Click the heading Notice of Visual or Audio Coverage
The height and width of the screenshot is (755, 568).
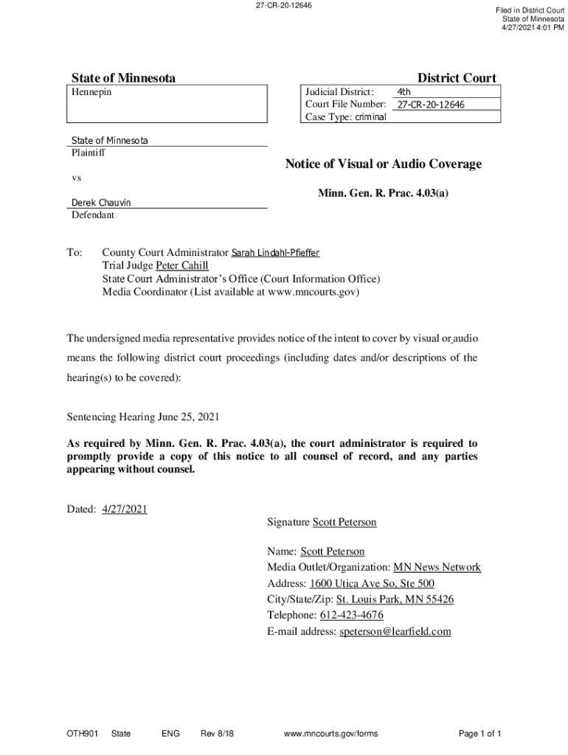pyautogui.click(x=383, y=164)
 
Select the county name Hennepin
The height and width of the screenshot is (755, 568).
pyautogui.click(x=92, y=92)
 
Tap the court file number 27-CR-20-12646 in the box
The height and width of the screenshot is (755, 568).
pyautogui.click(x=431, y=105)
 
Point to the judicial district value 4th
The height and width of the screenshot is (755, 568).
pyautogui.click(x=404, y=92)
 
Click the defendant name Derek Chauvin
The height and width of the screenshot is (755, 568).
pyautogui.click(x=101, y=203)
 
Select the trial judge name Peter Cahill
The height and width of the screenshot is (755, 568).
pyautogui.click(x=182, y=265)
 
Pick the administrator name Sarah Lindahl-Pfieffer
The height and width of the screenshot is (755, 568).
pyautogui.click(x=276, y=253)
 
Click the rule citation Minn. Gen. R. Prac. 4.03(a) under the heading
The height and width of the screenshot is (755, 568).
pyautogui.click(x=383, y=193)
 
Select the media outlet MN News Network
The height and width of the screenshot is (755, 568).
pyautogui.click(x=437, y=567)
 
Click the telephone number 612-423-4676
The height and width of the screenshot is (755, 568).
pyautogui.click(x=351, y=615)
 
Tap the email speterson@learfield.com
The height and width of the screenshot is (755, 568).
pyautogui.click(x=395, y=631)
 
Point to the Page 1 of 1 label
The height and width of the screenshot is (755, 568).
pyautogui.click(x=480, y=734)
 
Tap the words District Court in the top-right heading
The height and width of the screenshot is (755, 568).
pyautogui.click(x=457, y=78)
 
